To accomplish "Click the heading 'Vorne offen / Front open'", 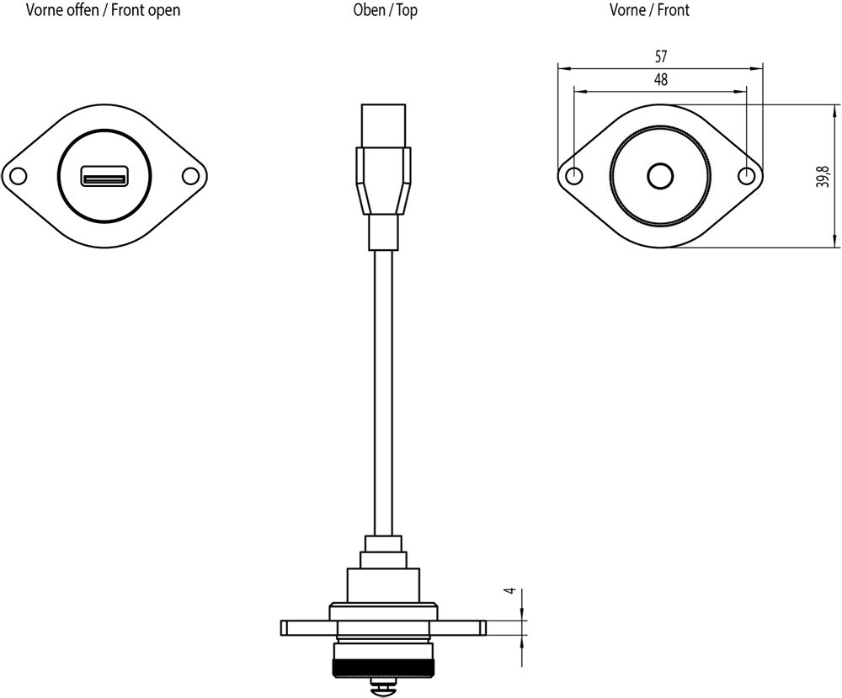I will point(103,11).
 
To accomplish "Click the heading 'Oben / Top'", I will point(385,11).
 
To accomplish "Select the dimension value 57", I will point(661,57).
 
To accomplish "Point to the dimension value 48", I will point(661,80).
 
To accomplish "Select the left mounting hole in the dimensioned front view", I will point(574,176).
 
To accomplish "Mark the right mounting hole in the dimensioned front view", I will point(746,176).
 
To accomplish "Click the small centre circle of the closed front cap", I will point(660,176).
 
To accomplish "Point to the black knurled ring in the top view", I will point(384,670).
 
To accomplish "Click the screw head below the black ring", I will point(384,688).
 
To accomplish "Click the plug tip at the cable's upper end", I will point(384,125).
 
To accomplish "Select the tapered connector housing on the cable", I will point(384,181).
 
